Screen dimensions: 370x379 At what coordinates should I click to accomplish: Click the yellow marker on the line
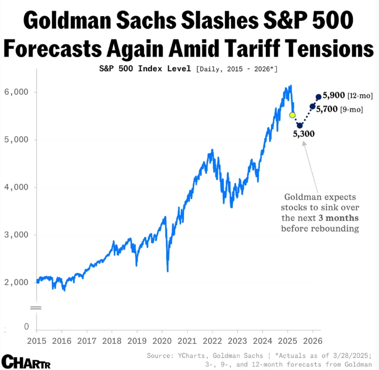(x=293, y=115)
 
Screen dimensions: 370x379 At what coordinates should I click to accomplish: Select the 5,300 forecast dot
(x=300, y=125)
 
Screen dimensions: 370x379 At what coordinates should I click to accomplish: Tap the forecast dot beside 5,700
(x=313, y=106)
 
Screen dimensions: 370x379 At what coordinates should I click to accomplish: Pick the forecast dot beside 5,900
(x=319, y=97)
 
